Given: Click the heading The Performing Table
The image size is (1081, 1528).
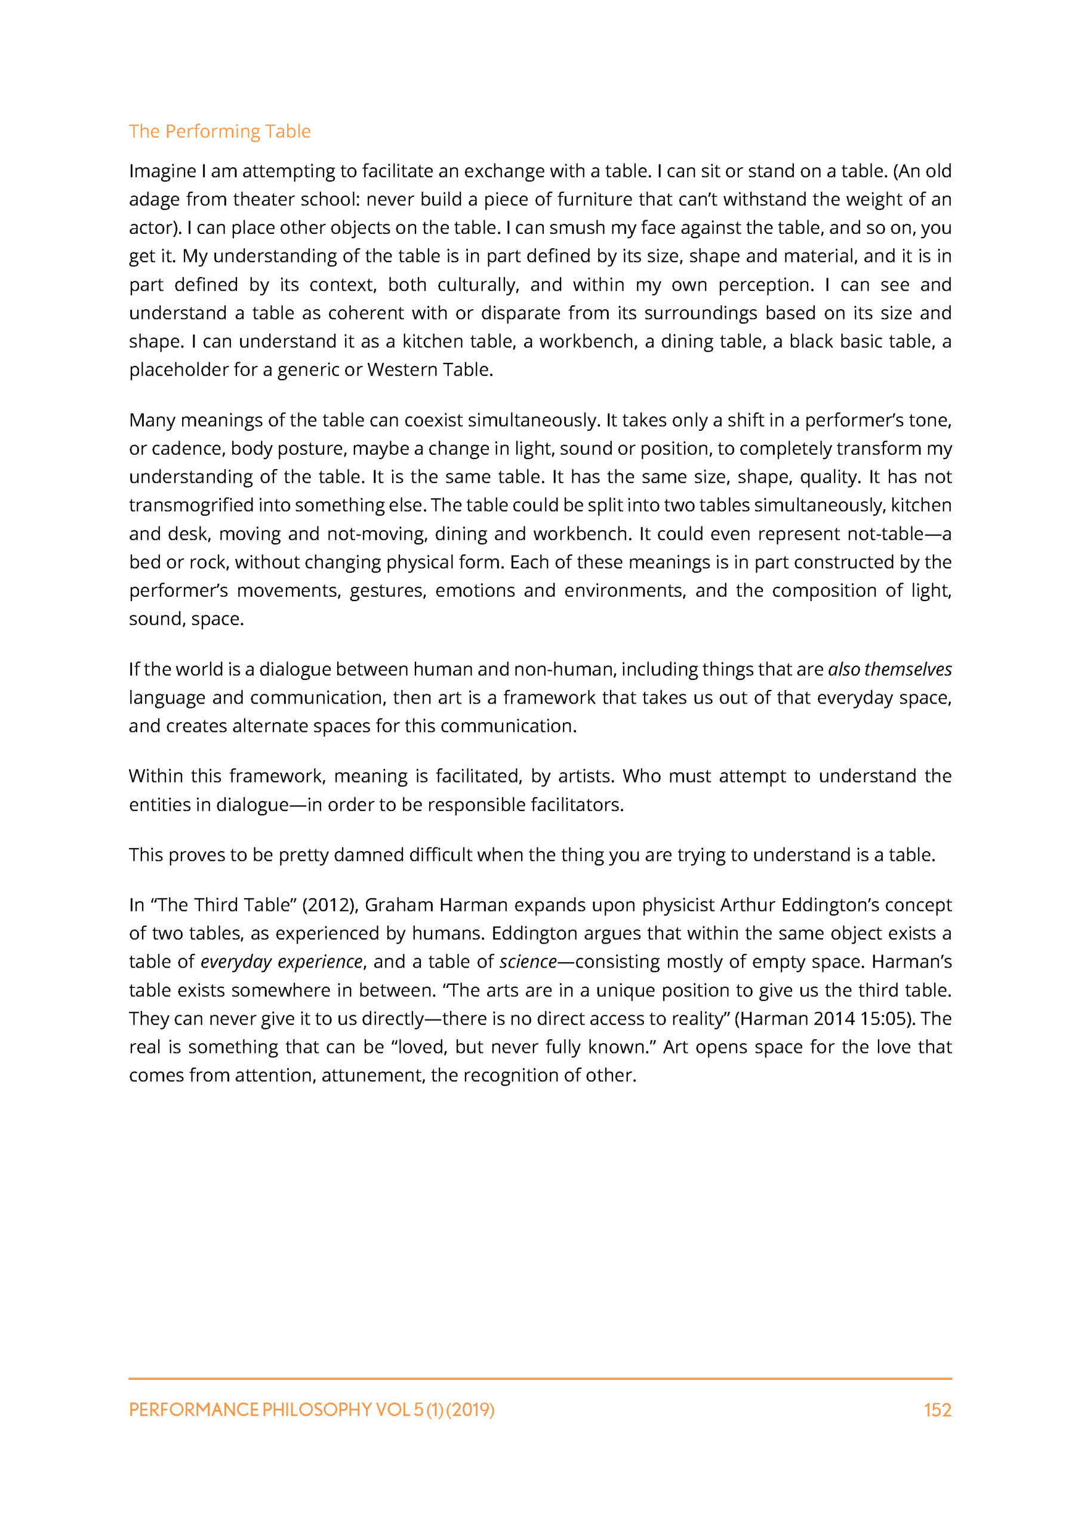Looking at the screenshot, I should click(220, 131).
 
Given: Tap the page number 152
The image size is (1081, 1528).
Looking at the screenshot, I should click(937, 1410).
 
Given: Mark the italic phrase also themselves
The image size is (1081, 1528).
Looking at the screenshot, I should click(889, 670).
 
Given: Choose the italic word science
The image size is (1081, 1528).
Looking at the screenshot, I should click(528, 962).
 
